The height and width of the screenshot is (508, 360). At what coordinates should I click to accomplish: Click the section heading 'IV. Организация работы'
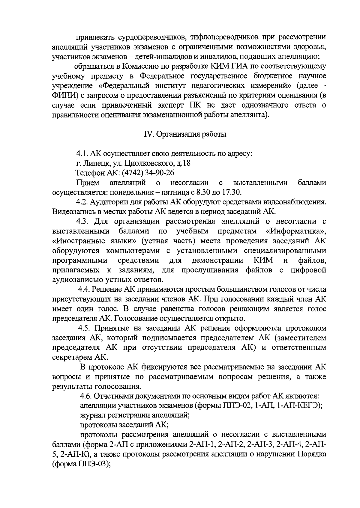click(185, 134)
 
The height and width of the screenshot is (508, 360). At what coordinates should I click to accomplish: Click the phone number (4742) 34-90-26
click(152, 173)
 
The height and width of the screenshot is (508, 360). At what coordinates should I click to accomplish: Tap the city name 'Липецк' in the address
click(93, 163)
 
